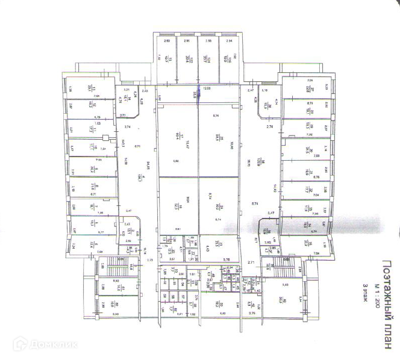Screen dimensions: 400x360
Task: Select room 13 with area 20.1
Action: tap(89, 88)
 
